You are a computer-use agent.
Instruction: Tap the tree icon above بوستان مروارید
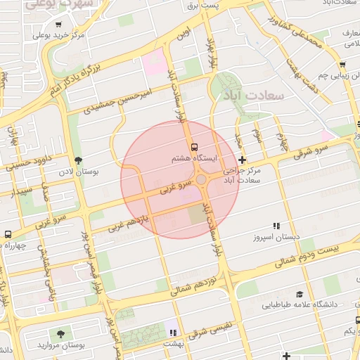[x=61, y=333]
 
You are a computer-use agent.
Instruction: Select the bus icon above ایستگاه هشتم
[x=194, y=147]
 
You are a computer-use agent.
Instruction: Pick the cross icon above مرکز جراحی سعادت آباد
[x=243, y=160]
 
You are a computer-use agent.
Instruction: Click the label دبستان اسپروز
[x=276, y=238]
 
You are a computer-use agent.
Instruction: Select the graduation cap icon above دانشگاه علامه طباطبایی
[x=300, y=295]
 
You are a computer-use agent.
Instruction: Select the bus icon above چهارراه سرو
[x=8, y=234]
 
